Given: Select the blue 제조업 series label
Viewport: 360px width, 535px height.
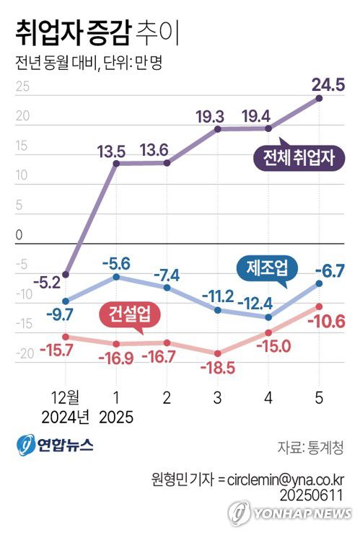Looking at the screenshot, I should pos(265,268).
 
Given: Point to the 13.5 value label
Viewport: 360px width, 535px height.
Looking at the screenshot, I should pos(116,151).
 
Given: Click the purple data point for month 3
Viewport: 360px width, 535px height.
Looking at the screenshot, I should pos(218,129).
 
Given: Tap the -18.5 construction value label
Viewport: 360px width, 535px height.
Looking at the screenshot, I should pos(216,368).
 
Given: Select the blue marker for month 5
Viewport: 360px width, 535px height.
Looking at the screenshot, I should pos(319,283).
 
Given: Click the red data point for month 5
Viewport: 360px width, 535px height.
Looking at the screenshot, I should pos(319,306).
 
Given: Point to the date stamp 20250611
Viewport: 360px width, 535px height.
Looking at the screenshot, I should pos(316,494).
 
